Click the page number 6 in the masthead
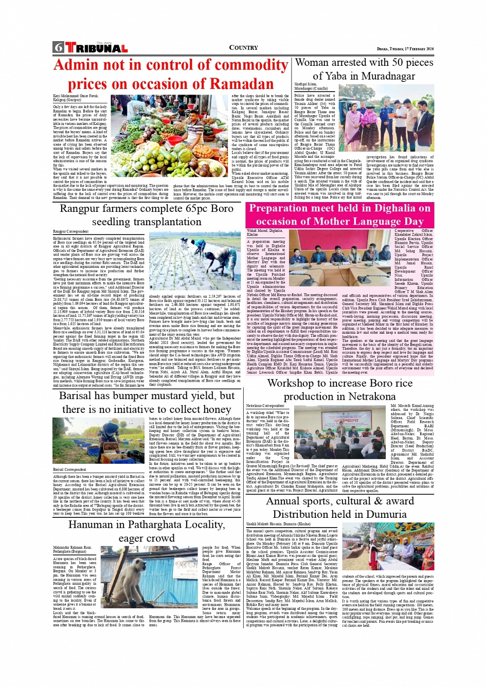pos(58,48)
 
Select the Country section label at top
pos(243,48)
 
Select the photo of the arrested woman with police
pos(375,118)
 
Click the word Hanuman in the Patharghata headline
pos(96,525)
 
